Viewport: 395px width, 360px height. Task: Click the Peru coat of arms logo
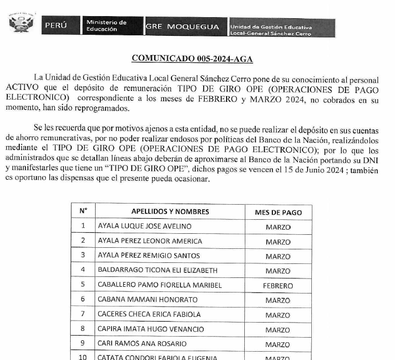pos(21,24)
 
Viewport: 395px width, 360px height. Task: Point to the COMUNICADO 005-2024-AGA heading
pos(192,59)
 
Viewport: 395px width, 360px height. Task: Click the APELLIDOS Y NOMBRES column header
pos(170,211)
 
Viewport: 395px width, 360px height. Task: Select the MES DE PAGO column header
pos(278,212)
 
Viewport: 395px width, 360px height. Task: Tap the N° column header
pos(83,211)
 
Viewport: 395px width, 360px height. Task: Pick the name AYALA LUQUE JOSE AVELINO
pos(144,226)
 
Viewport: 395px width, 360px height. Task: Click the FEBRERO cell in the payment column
pos(278,286)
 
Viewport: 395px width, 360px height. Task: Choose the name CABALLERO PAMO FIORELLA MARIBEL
pos(160,285)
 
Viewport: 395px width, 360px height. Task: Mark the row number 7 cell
pos(83,314)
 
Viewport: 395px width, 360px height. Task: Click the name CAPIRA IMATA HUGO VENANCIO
pos(151,329)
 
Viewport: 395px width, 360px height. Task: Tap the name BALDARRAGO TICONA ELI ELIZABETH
pos(157,271)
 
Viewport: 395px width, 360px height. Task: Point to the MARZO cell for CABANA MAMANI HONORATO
pos(278,300)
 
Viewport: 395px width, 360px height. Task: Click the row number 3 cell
pos(83,256)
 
